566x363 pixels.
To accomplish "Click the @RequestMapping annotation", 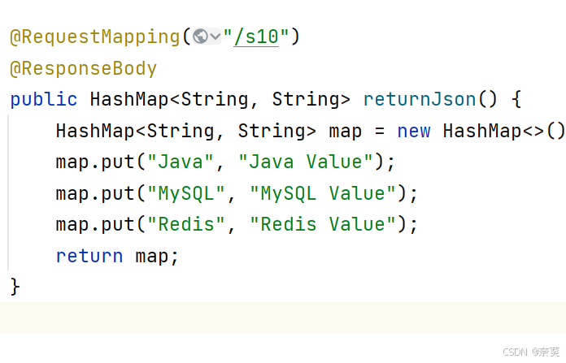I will point(94,37).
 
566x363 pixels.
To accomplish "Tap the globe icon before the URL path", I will point(201,37).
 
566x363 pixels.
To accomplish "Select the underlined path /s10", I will point(255,37).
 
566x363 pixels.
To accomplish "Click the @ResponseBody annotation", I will point(83,69).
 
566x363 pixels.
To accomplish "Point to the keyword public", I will point(43,100).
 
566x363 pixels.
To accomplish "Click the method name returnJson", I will point(420,100).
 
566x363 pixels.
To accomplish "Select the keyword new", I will point(414,132).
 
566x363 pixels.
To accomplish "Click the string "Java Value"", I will point(306,162).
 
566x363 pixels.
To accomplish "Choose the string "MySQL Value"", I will point(317,193).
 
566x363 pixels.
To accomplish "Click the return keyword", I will point(89,257).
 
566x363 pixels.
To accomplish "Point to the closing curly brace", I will point(15,287).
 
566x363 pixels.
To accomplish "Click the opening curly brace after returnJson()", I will point(516,100).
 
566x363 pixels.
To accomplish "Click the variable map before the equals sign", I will point(345,132).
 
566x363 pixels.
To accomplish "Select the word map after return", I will point(152,257).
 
